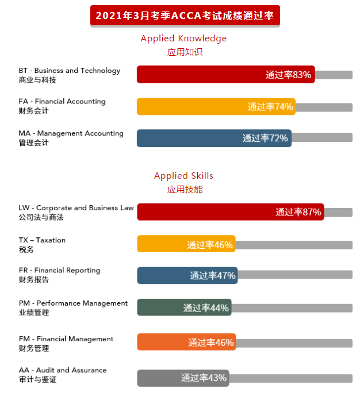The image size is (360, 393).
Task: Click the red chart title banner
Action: point(185,16)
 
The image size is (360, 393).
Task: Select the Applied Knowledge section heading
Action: point(183,38)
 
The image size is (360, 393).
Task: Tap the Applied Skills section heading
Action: point(183,176)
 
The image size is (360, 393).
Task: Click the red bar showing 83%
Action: point(225,75)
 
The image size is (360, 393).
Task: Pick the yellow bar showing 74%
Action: point(216,106)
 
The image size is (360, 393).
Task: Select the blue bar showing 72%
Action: point(214,138)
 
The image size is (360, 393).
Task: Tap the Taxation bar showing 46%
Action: point(186,244)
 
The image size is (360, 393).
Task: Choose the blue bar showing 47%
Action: point(187,276)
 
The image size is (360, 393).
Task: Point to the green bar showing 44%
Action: point(184,308)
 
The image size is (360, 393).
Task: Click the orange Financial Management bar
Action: point(186,342)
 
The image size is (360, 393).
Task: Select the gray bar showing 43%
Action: point(183,378)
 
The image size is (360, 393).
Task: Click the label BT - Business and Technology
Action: point(69,71)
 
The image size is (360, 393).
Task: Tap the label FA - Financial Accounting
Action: point(62,102)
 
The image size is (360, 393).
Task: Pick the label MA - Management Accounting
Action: point(71,133)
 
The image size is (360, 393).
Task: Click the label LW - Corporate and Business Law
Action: point(76,208)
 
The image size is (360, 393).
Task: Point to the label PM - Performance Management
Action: point(73,303)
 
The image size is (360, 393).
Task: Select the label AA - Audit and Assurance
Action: point(62,370)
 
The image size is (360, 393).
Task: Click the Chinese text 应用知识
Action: point(185,52)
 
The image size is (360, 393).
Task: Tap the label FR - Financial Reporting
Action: point(59,271)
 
